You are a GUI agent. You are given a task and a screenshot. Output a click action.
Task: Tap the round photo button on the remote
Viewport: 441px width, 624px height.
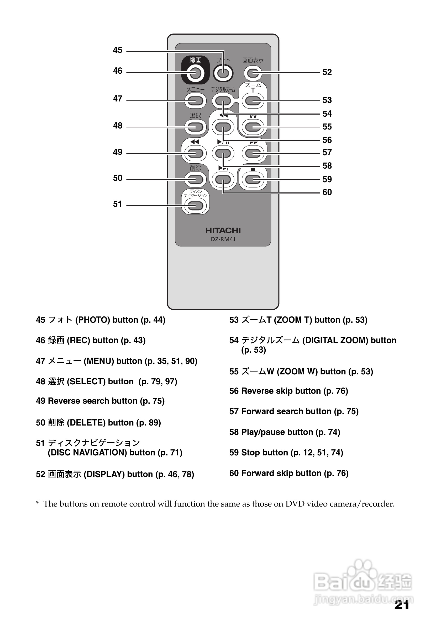tap(223, 73)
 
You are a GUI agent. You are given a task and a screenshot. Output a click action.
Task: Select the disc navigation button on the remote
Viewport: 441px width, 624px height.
tap(195, 206)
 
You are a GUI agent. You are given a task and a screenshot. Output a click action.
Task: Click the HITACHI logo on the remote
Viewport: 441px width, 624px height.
tap(223, 230)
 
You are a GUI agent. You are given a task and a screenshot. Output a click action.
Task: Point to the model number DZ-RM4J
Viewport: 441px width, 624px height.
tap(223, 239)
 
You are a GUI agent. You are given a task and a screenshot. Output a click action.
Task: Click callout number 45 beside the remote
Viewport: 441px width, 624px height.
tap(118, 50)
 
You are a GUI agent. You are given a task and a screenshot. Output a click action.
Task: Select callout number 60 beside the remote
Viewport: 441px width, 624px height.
tap(327, 192)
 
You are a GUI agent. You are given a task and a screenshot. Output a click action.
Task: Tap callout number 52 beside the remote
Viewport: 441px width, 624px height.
tap(327, 72)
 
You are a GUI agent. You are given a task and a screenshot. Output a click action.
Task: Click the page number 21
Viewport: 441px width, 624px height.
tap(402, 605)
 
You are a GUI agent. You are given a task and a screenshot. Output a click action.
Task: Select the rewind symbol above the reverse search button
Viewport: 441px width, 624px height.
tap(195, 142)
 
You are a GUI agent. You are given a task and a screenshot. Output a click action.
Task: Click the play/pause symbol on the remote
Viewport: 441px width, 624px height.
tap(223, 142)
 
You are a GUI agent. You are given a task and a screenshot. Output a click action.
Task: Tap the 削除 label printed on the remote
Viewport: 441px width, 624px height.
tap(195, 168)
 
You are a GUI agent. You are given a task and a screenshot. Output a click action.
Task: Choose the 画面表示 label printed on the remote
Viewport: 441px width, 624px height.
tap(253, 60)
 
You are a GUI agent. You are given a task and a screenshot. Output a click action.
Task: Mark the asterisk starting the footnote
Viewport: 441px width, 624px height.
tap(38, 504)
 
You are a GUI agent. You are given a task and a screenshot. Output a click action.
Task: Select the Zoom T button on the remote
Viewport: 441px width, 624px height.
tap(253, 101)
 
